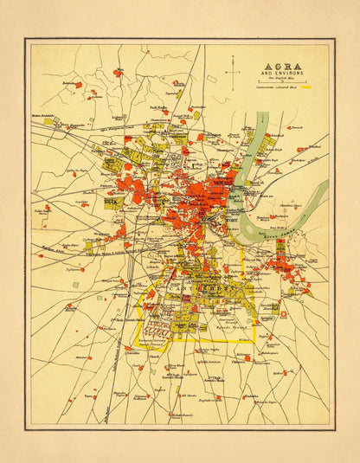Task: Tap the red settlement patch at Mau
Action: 117,74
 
